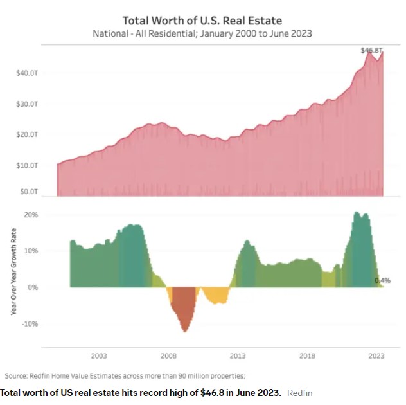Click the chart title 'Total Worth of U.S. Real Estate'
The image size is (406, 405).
203,21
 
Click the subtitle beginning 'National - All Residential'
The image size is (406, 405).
203,33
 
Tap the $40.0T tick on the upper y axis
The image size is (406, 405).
27,74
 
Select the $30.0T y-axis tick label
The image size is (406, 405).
27,105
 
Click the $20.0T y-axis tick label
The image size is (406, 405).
27,135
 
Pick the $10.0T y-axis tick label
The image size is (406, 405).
27,166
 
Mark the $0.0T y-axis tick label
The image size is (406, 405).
28,192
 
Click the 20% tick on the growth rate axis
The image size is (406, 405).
31,215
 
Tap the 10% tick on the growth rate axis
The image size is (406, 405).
31,251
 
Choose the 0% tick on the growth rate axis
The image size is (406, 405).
33,287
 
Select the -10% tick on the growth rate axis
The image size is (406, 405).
30,323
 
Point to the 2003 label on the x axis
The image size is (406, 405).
99,355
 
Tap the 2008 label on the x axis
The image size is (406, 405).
168,355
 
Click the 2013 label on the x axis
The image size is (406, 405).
238,355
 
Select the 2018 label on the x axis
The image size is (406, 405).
307,355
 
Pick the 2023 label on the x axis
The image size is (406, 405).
376,355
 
